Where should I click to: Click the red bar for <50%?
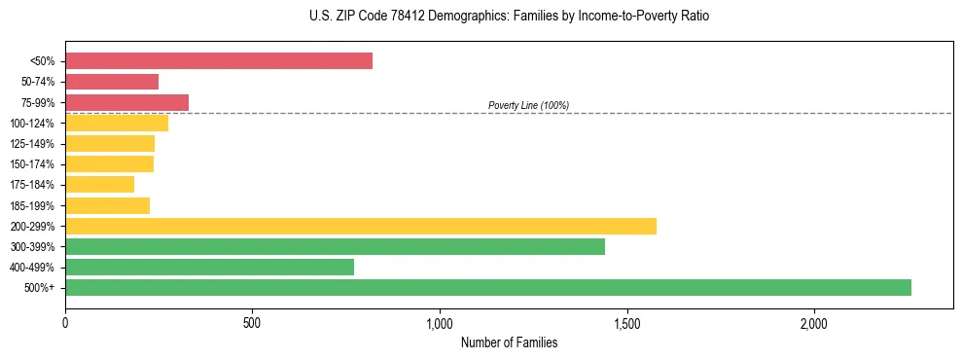pos(219,61)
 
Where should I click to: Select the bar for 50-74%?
pos(112,82)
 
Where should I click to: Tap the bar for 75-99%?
pos(126,102)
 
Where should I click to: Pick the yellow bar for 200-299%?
pos(361,226)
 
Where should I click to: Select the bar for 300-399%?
pos(335,246)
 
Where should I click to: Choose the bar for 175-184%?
pos(99,185)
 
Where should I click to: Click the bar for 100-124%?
pos(117,123)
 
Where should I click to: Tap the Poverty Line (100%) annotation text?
pos(528,105)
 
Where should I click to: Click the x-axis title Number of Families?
pos(509,343)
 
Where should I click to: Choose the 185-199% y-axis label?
pos(32,205)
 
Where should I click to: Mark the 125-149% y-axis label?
pos(32,144)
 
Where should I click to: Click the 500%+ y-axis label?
pos(39,288)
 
